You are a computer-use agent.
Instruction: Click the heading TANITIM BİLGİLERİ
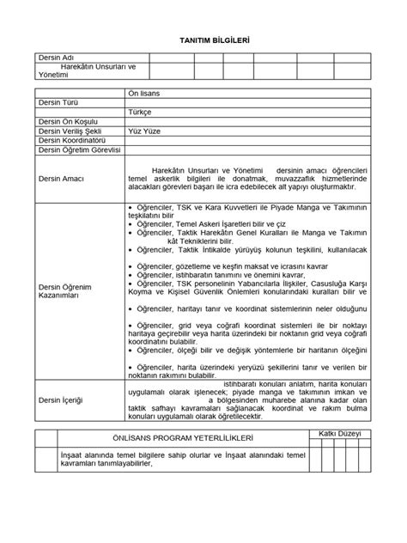pyautogui.click(x=203, y=40)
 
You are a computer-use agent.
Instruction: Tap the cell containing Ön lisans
pyautogui.click(x=147, y=92)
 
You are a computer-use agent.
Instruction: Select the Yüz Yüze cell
pyautogui.click(x=144, y=131)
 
